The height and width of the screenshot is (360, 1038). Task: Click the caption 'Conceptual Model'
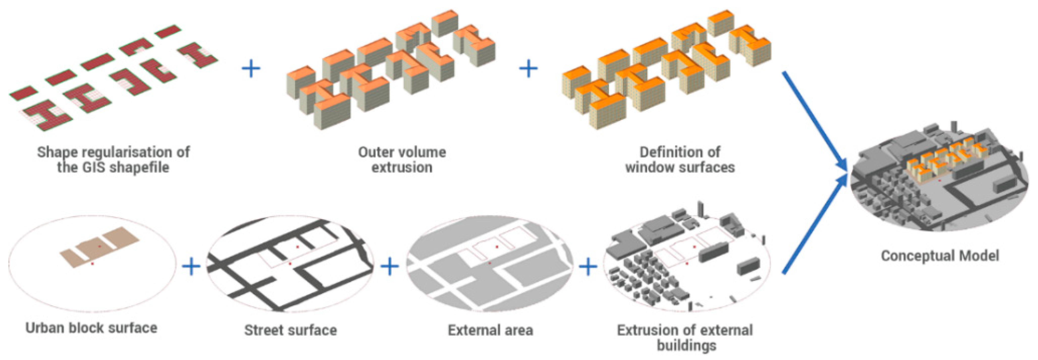[939, 255]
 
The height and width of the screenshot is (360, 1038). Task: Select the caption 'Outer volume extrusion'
[402, 160]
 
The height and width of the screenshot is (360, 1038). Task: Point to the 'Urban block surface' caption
[91, 328]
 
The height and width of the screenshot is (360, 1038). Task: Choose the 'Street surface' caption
[290, 330]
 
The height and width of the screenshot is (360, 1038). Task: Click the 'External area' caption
[490, 330]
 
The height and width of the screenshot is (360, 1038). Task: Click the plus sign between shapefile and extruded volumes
[251, 68]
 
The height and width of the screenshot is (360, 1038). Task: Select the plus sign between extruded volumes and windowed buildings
[528, 68]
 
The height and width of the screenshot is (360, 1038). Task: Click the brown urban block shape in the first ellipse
[99, 246]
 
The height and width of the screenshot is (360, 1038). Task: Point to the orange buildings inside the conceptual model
[943, 163]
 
